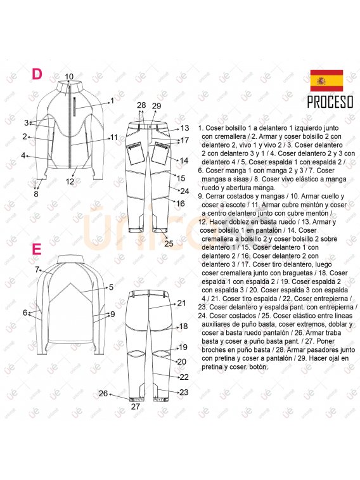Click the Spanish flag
click(x=326, y=81)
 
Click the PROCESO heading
click(x=330, y=102)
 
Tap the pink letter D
click(x=37, y=74)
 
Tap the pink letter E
click(x=36, y=249)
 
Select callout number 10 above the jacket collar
click(x=69, y=77)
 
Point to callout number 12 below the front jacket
click(x=70, y=181)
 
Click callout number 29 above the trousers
click(x=157, y=106)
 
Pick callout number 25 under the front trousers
click(x=169, y=243)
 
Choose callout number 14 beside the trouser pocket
click(x=184, y=160)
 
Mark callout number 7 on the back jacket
click(x=37, y=269)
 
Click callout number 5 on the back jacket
click(x=111, y=287)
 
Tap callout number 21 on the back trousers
click(x=182, y=303)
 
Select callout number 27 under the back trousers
click(x=136, y=406)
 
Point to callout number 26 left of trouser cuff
click(x=103, y=393)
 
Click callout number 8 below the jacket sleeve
click(x=36, y=194)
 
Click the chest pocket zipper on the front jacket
click(x=74, y=107)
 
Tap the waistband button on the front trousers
click(x=151, y=126)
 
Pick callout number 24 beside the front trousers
click(x=184, y=191)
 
